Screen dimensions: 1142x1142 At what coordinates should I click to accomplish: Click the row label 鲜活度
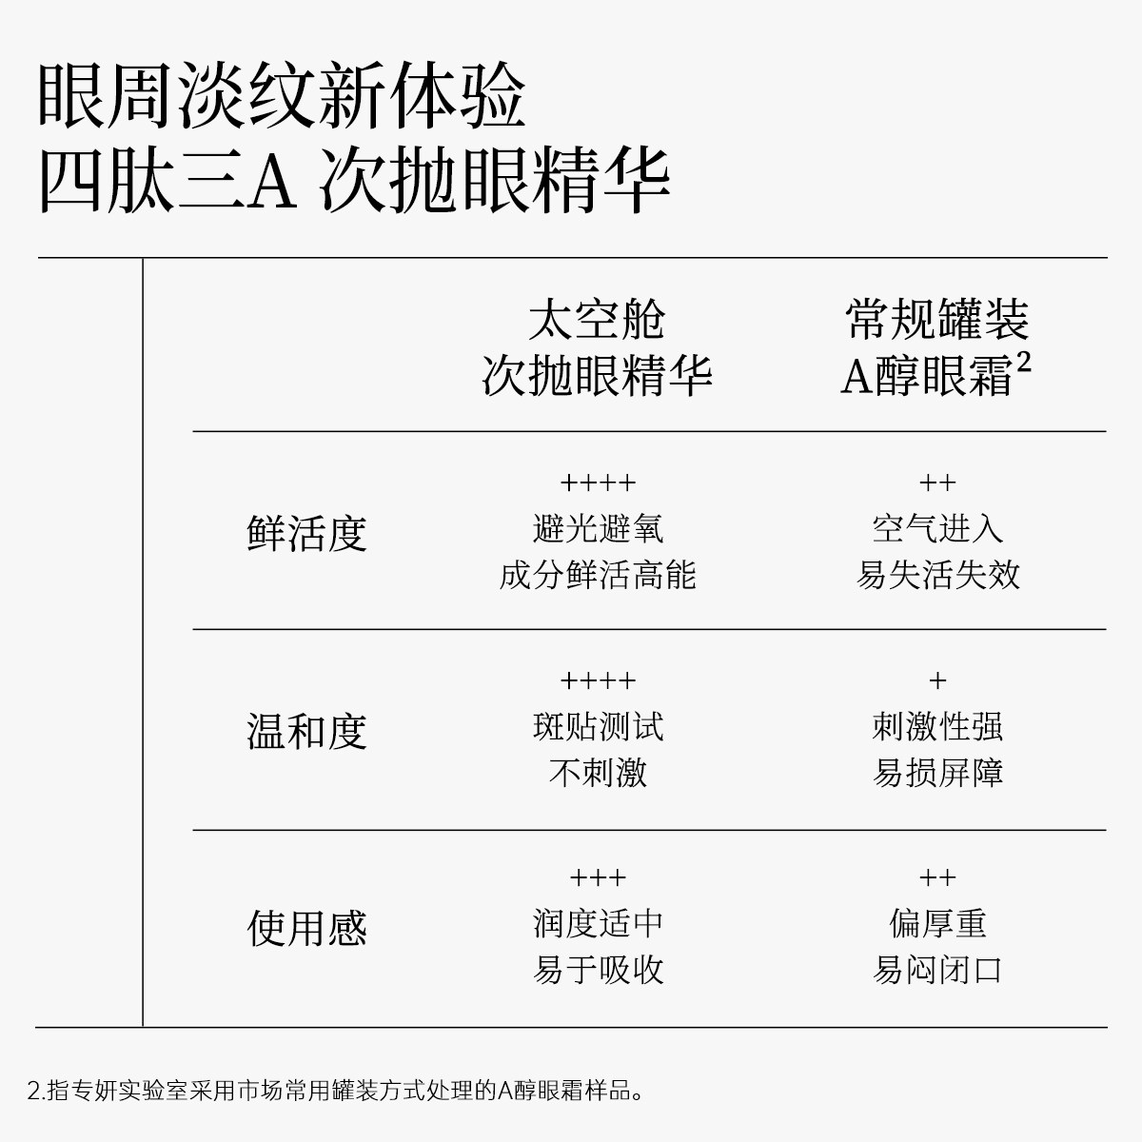(306, 533)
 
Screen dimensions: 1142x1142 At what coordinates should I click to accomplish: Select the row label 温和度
(306, 731)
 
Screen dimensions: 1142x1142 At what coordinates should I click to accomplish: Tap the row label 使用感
(306, 928)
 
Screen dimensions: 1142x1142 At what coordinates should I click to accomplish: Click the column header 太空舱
(597, 321)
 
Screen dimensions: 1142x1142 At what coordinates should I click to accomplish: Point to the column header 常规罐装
(937, 321)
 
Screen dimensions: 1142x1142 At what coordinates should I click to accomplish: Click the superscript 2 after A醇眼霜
(1024, 363)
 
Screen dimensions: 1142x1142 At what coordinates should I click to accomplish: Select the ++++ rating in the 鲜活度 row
(598, 483)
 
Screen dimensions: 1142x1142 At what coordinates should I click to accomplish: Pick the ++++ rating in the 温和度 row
(598, 681)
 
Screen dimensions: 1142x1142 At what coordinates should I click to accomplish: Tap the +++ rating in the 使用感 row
(598, 877)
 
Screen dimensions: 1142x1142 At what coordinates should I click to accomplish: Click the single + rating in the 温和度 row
(937, 681)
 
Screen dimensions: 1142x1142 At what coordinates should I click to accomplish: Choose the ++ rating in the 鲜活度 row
(937, 483)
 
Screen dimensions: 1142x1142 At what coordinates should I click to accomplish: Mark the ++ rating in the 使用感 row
(937, 877)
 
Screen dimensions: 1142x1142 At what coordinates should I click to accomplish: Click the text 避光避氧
(598, 529)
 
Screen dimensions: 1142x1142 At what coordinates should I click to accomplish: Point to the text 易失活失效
(937, 575)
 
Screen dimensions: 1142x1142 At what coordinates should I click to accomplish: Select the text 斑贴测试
(598, 727)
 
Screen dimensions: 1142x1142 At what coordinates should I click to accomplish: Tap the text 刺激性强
(937, 727)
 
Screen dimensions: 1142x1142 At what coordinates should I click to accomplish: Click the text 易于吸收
(598, 970)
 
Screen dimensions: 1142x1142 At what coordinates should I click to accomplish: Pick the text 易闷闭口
(937, 970)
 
